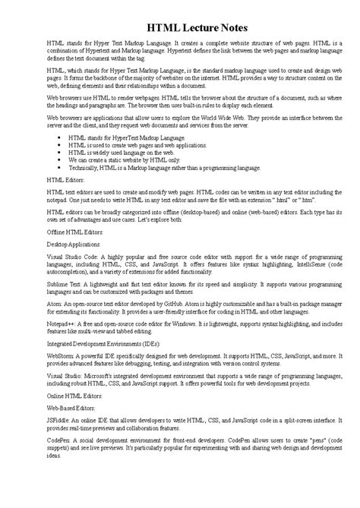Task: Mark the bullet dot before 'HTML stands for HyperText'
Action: [x=60, y=137]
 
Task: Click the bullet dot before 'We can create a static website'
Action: [x=60, y=159]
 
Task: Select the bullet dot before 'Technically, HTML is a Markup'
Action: [x=60, y=167]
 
